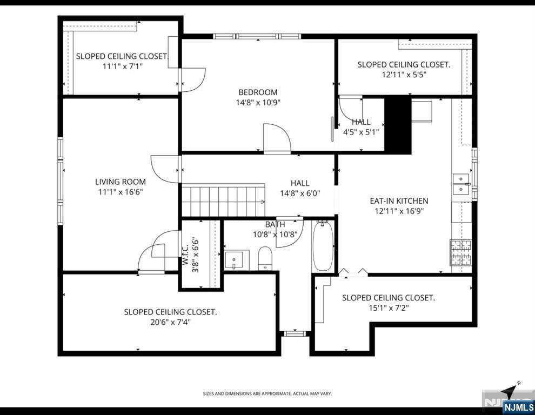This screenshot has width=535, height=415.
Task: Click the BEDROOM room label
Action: [x=258, y=92]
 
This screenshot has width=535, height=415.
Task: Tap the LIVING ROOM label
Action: [x=121, y=182]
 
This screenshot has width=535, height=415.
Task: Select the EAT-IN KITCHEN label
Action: [x=399, y=201]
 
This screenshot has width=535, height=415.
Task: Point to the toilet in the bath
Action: [x=265, y=258]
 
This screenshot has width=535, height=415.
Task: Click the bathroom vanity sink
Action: [x=236, y=259]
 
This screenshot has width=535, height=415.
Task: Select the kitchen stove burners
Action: [x=460, y=252]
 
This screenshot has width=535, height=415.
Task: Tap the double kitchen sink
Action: [x=461, y=184]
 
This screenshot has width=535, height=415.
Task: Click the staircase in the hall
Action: [x=223, y=201]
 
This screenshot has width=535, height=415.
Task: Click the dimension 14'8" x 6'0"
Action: [x=300, y=193]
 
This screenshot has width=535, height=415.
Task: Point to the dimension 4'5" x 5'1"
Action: [x=361, y=131]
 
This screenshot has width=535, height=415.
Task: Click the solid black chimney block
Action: [x=398, y=124]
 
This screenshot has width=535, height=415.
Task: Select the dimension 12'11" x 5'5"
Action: [x=404, y=75]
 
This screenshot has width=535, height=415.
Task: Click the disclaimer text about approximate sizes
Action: [x=267, y=394]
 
